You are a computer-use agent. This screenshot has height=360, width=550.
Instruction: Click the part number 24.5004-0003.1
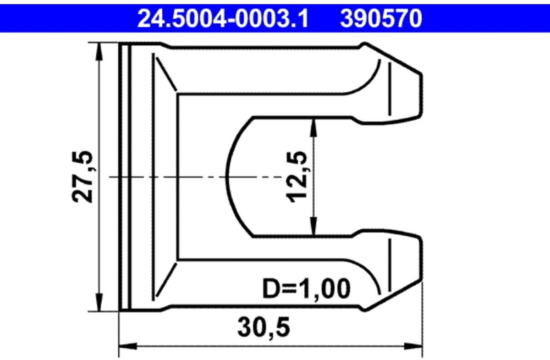coord(223,19)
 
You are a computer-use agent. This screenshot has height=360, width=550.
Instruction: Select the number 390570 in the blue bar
coord(380,19)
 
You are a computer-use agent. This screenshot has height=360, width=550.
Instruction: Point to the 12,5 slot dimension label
coord(297,177)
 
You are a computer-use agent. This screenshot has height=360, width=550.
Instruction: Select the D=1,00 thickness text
coord(306,289)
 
